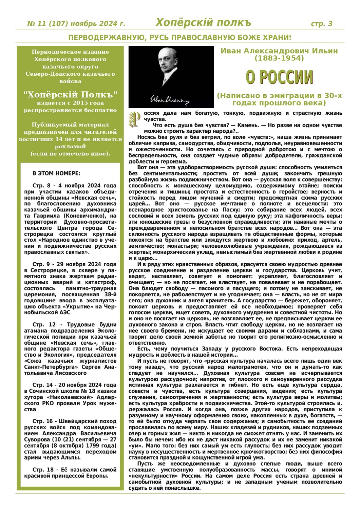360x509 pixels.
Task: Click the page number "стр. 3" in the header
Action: (321, 23)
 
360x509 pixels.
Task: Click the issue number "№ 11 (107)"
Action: (48, 23)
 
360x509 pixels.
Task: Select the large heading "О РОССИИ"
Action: (279, 77)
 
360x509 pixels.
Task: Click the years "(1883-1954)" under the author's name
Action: (279, 58)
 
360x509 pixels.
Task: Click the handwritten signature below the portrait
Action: (169, 99)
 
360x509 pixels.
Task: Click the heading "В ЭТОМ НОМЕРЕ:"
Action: (56, 173)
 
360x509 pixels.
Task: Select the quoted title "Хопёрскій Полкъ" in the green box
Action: (70, 94)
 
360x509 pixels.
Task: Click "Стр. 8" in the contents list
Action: (41, 186)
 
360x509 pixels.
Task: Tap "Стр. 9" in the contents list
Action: (41, 264)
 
